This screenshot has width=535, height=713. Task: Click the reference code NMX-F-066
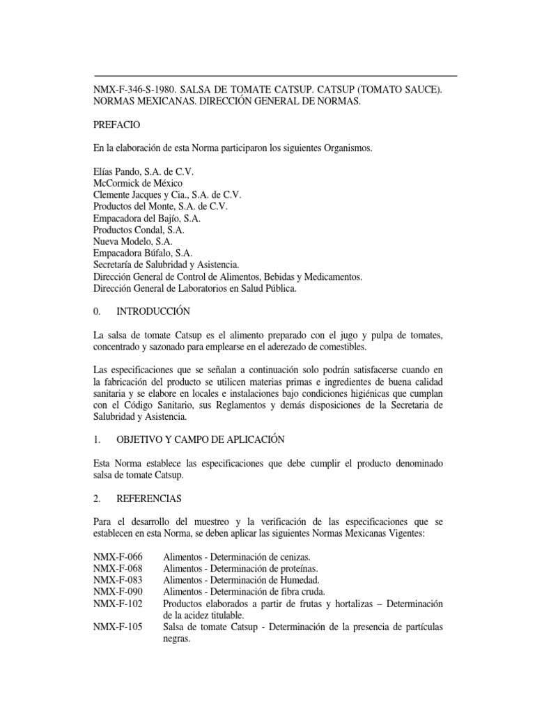click(118, 558)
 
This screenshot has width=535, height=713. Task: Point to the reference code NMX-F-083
click(118, 580)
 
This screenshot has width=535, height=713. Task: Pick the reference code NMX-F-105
click(118, 627)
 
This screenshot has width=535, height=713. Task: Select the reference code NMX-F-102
click(118, 604)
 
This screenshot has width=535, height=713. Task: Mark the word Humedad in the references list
click(300, 580)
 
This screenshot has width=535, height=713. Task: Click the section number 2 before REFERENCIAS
click(96, 499)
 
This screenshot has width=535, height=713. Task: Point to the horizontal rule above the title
click(275, 75)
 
